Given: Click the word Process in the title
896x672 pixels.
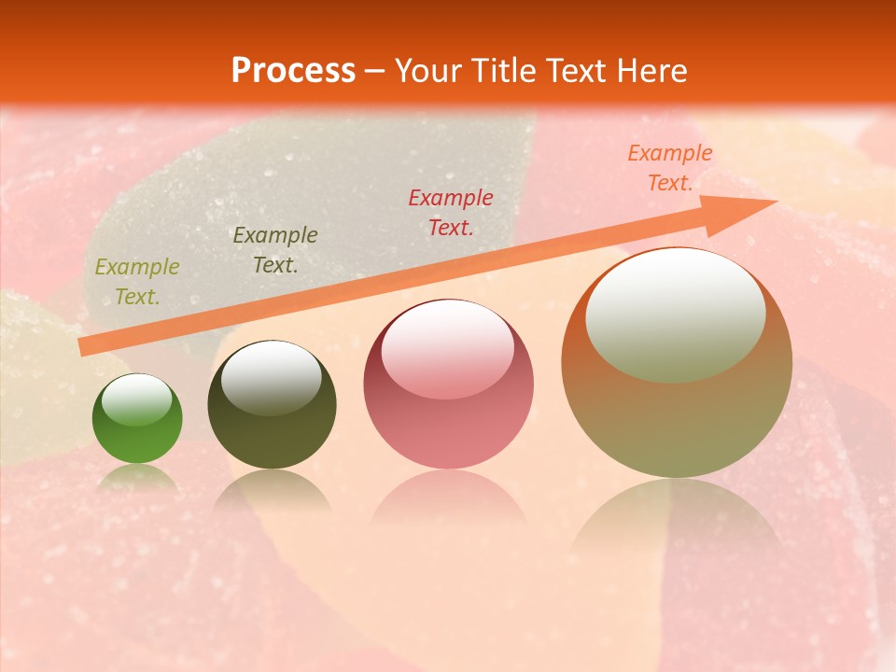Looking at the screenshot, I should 293,71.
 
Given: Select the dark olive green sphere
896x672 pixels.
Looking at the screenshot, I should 272,405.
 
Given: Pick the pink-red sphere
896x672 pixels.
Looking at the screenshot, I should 448,385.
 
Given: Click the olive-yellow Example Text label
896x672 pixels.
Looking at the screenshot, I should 137,282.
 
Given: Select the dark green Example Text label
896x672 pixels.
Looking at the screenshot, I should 275,249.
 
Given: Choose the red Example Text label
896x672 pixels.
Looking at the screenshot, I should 451,212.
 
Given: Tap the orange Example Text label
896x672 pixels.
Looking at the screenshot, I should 669,168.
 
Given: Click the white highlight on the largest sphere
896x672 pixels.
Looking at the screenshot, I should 675,314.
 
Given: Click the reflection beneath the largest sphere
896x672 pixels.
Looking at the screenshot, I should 677,523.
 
